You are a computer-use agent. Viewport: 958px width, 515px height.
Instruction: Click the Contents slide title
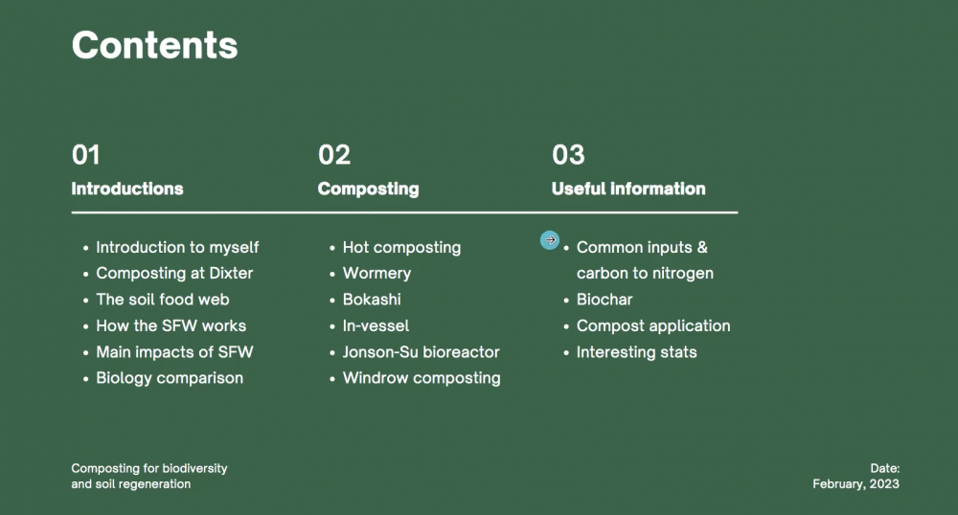point(154,45)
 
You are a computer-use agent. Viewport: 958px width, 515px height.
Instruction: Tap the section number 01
point(85,154)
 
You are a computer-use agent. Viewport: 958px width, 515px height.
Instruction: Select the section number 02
point(334,154)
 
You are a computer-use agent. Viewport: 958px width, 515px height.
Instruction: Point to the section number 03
point(568,154)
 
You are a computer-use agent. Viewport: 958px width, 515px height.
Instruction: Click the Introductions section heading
point(127,189)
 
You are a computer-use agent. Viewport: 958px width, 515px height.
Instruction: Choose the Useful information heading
point(628,189)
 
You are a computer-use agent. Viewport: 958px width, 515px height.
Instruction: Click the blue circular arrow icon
point(550,240)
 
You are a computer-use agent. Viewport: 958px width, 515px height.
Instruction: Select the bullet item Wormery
point(376,274)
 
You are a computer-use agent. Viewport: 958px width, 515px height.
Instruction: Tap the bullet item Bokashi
point(372,300)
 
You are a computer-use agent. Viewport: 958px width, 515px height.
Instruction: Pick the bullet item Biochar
point(604,300)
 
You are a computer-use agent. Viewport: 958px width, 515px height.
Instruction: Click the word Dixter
point(231,273)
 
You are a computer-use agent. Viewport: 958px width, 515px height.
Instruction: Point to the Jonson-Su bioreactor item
point(421,352)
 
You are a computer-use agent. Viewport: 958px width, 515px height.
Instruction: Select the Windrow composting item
point(422,378)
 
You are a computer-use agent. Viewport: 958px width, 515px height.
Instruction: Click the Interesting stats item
point(637,352)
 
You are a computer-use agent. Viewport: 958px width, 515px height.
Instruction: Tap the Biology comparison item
point(170,378)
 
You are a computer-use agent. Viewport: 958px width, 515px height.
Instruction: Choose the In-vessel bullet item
point(376,325)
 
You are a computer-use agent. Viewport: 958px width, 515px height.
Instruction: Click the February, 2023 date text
point(855,483)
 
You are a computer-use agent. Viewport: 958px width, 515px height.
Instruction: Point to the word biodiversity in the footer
point(194,468)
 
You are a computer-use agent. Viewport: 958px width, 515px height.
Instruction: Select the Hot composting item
point(401,247)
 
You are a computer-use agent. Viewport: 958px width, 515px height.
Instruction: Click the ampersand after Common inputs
point(702,247)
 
